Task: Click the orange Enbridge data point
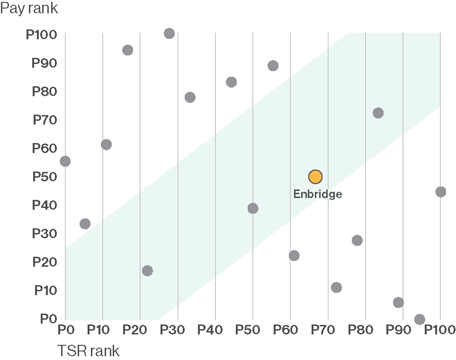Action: click(x=315, y=177)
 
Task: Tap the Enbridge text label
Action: click(x=317, y=194)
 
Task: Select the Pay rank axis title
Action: click(x=29, y=9)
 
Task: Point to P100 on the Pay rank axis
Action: click(x=41, y=35)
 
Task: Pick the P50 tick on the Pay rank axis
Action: click(x=44, y=177)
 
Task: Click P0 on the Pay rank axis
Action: click(x=48, y=319)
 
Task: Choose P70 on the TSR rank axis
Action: click(x=328, y=329)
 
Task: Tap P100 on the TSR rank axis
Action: click(x=439, y=329)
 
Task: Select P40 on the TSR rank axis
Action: click(x=215, y=329)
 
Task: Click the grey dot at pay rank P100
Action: click(x=169, y=34)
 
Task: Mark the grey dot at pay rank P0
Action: click(x=420, y=319)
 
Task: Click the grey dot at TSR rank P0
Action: click(x=65, y=161)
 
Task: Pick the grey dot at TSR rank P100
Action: click(x=440, y=192)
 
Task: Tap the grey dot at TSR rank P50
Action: click(x=253, y=208)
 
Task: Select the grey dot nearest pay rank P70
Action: click(x=378, y=113)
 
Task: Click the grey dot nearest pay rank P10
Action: click(x=336, y=287)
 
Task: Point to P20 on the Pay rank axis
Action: click(x=44, y=262)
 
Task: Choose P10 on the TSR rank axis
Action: click(x=103, y=329)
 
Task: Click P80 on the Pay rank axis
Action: click(x=44, y=91)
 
